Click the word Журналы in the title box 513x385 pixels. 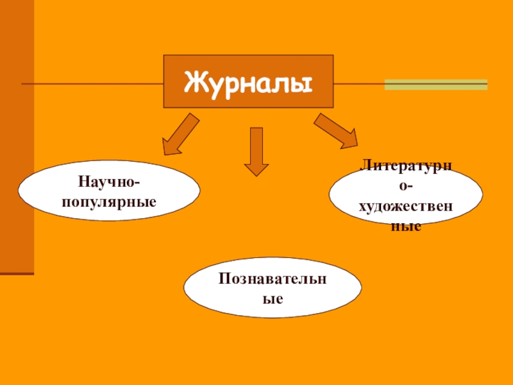[x=248, y=82]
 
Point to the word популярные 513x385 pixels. [x=109, y=201]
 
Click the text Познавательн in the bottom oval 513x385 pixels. [x=272, y=280]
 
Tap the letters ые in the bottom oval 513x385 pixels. [x=272, y=299]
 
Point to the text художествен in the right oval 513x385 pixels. [x=405, y=207]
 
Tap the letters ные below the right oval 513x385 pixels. [x=405, y=227]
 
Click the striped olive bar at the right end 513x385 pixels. [x=435, y=84]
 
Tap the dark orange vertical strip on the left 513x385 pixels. [x=17, y=141]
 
